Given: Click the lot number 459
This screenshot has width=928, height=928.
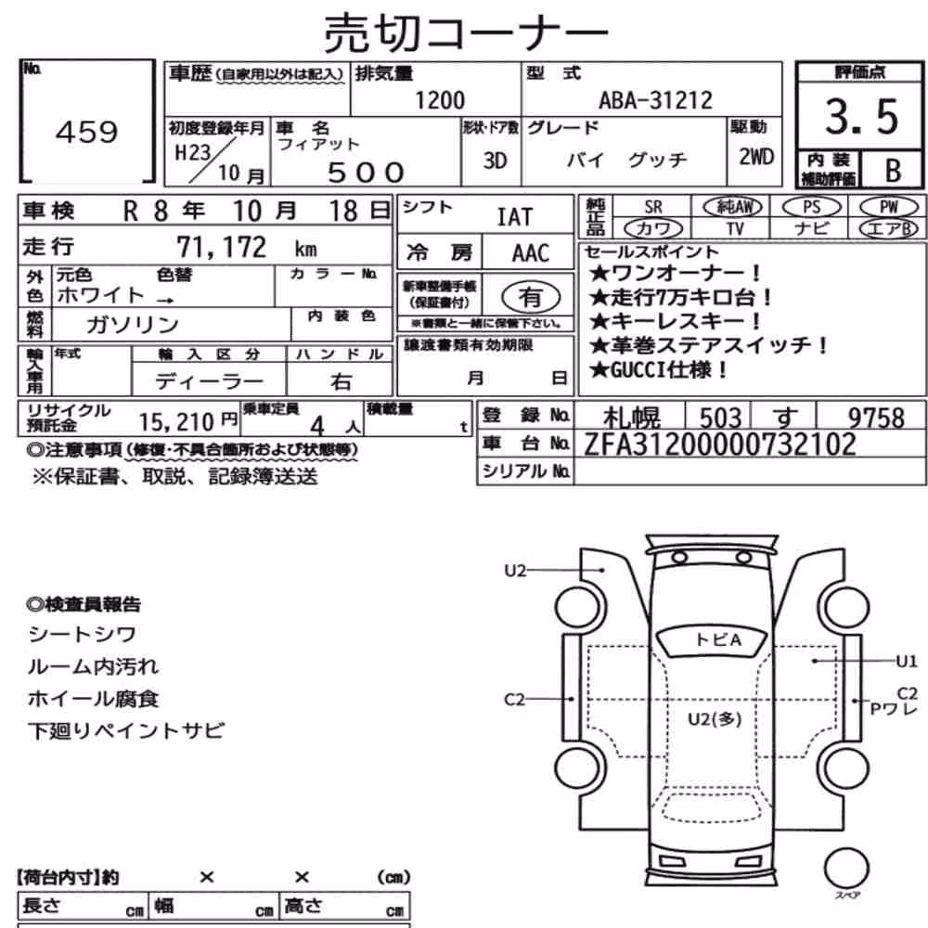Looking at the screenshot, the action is coord(87,132).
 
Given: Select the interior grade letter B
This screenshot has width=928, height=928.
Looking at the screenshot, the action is coord(893,171).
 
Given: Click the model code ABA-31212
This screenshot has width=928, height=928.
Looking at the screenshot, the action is coord(655,100).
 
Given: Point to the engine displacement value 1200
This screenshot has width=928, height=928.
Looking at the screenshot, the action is coord(440,100).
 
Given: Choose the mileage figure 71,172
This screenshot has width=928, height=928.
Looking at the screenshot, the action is coord(222,247).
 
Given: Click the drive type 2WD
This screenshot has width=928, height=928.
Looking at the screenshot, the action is coord(755,157).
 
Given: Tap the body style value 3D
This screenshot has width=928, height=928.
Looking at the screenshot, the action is coord(495,161).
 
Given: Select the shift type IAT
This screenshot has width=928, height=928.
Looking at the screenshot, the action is coord(514,216).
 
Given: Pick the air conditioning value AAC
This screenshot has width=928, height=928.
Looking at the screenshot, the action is coord(530,253).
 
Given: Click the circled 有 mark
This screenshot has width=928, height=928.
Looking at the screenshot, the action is coord(530,297).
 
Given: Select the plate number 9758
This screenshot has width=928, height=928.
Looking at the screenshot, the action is coord(877,418).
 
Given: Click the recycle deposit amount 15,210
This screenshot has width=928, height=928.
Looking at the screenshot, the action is coord(176,422).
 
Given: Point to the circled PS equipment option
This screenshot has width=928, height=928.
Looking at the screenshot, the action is coord(811,207).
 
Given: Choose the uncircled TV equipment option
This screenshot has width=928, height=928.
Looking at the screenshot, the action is coord(734,228).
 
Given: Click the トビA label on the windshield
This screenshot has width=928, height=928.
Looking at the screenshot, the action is coord(718,639).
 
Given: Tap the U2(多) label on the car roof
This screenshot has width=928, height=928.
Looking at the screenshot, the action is coord(715,719).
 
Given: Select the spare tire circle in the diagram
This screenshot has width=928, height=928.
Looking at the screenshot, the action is coord(847,870).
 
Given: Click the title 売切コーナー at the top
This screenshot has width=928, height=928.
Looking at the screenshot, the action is coord(466,32).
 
